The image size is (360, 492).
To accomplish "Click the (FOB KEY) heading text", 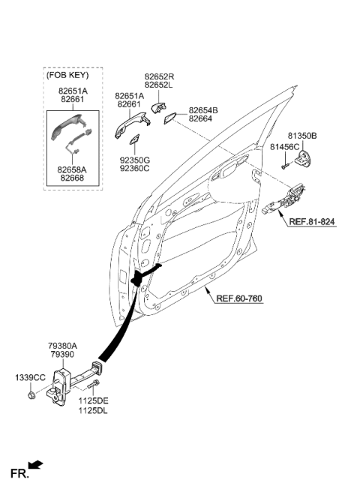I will [67, 76].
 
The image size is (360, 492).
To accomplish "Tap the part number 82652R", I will [159, 77].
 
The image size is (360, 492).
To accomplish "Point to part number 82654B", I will [203, 110].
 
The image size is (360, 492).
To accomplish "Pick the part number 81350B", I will [304, 136].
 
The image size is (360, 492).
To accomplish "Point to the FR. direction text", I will [19, 473].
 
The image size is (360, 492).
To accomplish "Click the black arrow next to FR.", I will [35, 466].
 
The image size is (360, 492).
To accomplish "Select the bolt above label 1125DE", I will [92, 387].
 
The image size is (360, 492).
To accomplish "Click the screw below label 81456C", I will [286, 163].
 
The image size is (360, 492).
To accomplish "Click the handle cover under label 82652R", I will [160, 106].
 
